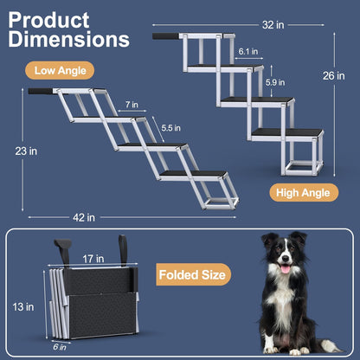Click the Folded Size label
point(194,275)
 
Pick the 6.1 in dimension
point(246,52)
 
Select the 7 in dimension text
point(131,104)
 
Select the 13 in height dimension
point(29,305)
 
